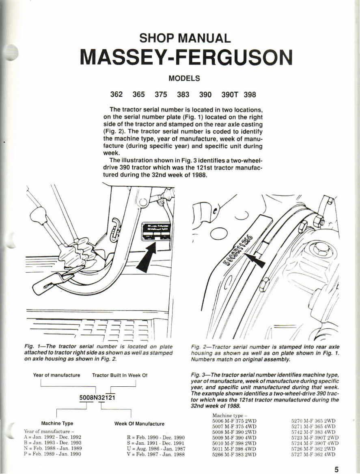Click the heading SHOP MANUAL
185,39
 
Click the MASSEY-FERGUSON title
186,58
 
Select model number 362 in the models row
117,95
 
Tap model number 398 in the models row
250,95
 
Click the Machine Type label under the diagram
57,423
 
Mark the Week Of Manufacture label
139,424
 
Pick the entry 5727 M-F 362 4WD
314,455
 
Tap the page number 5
337,470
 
